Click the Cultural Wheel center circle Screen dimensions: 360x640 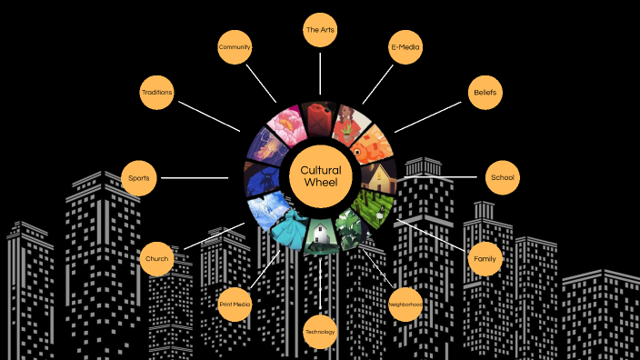click(320, 177)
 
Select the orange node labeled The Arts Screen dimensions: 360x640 click(320, 30)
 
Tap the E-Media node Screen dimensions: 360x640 click(405, 47)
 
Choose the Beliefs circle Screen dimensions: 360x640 click(483, 93)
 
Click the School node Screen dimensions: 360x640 click(501, 177)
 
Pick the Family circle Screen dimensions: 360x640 click(484, 260)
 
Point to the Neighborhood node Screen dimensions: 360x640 click(405, 305)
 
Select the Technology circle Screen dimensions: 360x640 click(320, 332)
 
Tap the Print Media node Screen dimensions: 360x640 click(235, 305)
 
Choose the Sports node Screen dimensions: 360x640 click(139, 177)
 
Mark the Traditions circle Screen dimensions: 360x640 click(156, 93)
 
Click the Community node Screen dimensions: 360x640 click(235, 47)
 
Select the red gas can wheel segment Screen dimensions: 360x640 click(318, 116)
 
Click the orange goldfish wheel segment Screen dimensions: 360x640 click(374, 145)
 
